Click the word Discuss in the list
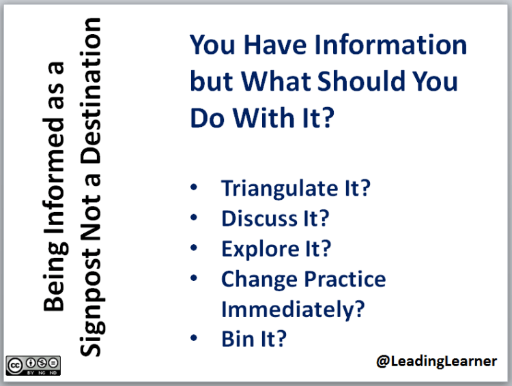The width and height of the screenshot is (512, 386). point(262,219)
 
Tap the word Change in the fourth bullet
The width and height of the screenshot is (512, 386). point(260,279)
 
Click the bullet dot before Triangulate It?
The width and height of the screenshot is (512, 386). point(195,186)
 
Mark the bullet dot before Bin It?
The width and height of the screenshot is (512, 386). point(195,337)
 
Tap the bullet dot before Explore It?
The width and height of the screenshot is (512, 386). point(195,247)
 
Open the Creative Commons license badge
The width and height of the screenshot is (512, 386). point(33,365)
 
